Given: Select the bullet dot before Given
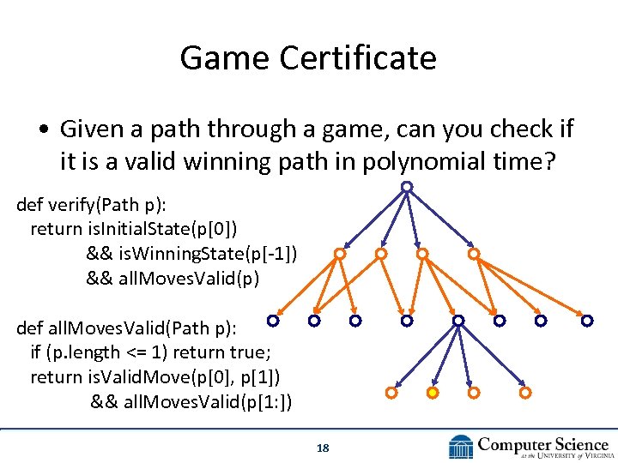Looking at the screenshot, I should point(42,129).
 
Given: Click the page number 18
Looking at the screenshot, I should point(323,448).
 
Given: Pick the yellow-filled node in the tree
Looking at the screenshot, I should point(433,393).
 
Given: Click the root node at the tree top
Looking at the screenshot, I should point(407,186).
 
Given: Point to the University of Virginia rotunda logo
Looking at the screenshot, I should point(461,447).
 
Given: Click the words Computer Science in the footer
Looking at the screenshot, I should point(543,444).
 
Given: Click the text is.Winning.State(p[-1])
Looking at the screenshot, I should point(192,253).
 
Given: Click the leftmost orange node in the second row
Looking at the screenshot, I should point(340,254).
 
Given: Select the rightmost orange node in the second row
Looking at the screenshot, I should point(473,254).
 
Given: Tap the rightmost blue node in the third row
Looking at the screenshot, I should point(587,321).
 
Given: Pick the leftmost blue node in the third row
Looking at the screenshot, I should point(272,321).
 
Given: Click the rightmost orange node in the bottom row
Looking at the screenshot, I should point(525,393).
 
